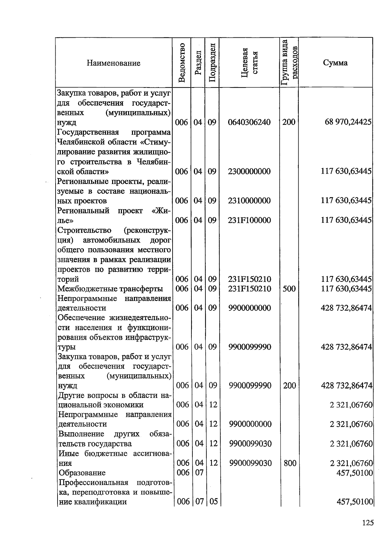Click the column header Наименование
coord(113,63)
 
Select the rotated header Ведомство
coord(182,62)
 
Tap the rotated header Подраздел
coord(212,62)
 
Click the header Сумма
coord(335,63)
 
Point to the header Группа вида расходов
coord(289,62)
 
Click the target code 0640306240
coord(249,122)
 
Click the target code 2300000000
coord(249,171)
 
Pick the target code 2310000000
coord(249,201)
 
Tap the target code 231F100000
coord(249,220)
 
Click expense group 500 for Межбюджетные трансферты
coord(289,289)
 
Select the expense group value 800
coord(290,463)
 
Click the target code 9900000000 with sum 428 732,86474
coord(249,308)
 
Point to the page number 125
coord(368,523)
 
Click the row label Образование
coord(82,473)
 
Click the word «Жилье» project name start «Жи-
coord(161,211)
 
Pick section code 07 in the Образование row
coord(199,472)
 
